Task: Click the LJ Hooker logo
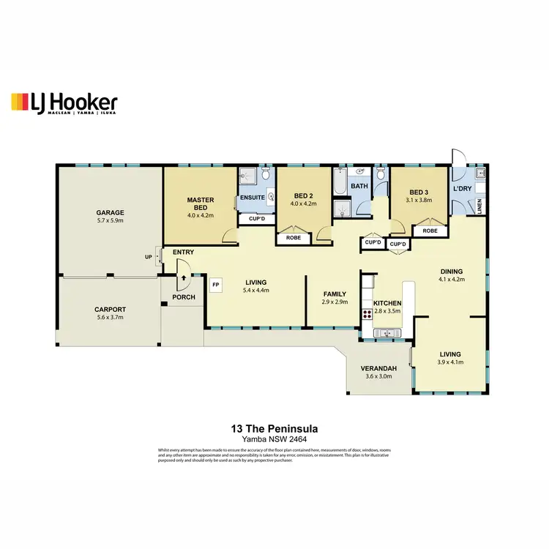[x=64, y=103]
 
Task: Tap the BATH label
[x=359, y=187]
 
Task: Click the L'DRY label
[x=463, y=189]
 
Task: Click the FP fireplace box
[x=216, y=284]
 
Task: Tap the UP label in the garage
[x=149, y=257]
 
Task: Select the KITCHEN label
[x=388, y=302]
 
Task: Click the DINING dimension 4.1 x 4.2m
[x=451, y=279]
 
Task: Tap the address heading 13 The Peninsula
[x=274, y=428]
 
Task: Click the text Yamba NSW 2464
[x=274, y=439]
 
